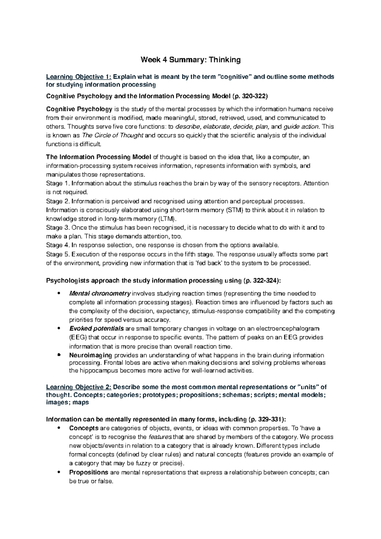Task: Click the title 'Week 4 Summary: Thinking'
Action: coord(191,60)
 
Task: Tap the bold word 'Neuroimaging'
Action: coord(90,355)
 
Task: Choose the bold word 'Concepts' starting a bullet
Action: coord(82,428)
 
